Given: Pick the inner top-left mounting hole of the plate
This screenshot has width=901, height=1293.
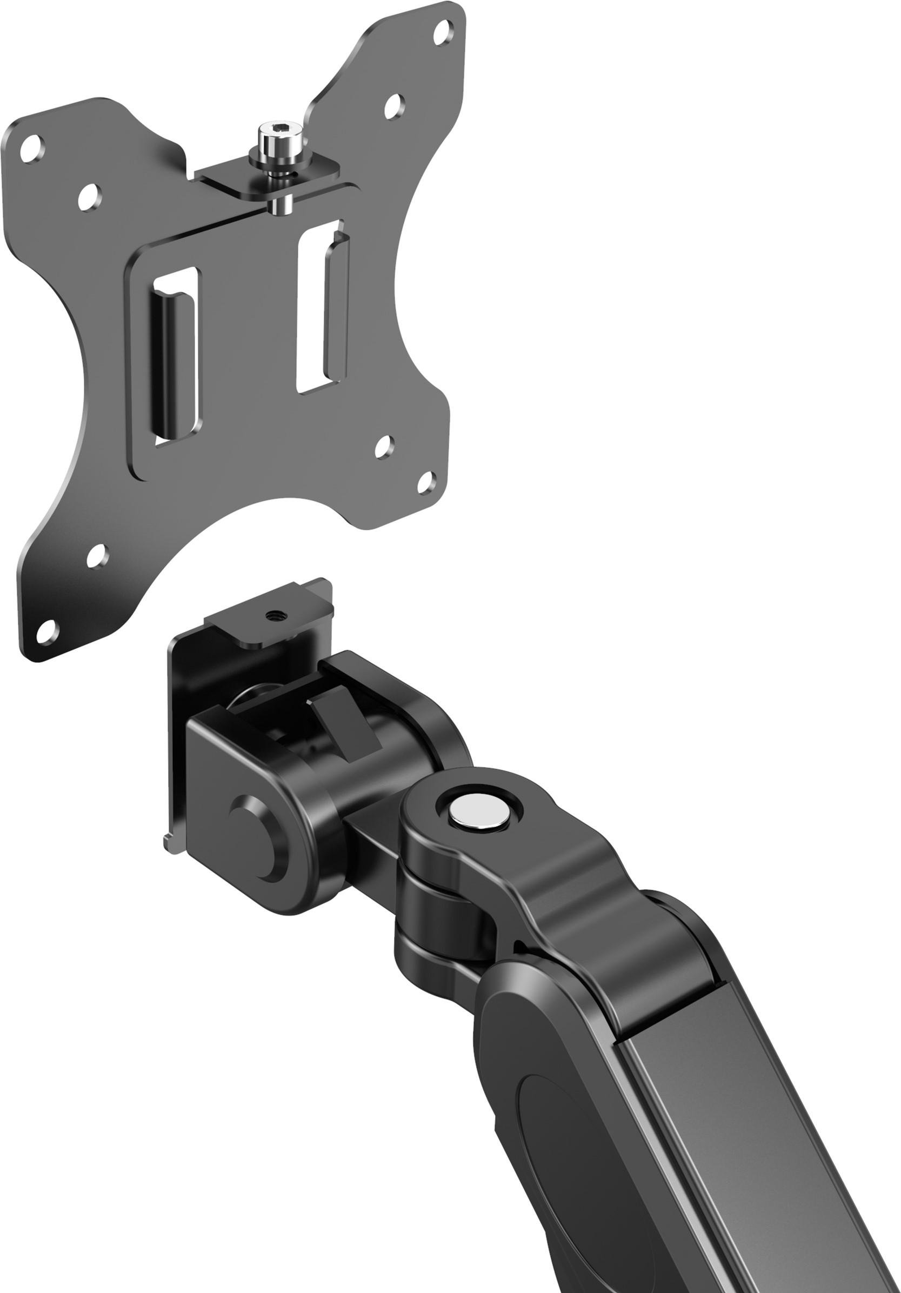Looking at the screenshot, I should point(89,197).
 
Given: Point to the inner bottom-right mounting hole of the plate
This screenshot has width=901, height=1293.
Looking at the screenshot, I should point(384,446).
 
